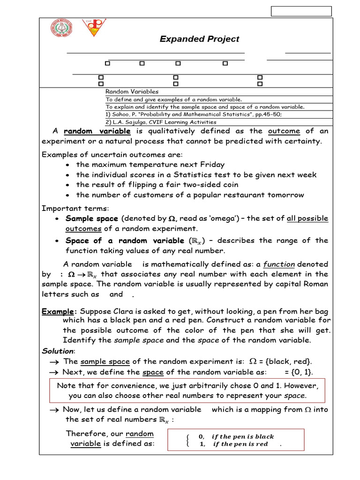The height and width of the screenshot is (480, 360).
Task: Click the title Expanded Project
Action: pos(199,39)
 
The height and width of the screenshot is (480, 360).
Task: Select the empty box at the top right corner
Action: pos(301,11)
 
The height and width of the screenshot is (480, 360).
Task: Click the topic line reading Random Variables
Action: pos(132,92)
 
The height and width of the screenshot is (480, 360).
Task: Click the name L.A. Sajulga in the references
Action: pos(129,122)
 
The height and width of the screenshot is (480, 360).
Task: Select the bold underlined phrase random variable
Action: pos(97,131)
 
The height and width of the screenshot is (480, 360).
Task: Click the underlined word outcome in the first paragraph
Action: pos(284,131)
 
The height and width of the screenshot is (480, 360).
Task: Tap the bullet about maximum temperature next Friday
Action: pos(150,165)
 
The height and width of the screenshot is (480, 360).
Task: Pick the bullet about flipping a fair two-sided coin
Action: pos(157,185)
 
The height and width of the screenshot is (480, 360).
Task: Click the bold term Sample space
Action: pos(92,218)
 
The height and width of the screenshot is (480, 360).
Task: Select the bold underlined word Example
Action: pos(58,312)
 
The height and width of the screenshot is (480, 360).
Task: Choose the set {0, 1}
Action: pos(299,372)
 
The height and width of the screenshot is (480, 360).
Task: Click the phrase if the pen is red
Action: pos(240,444)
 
